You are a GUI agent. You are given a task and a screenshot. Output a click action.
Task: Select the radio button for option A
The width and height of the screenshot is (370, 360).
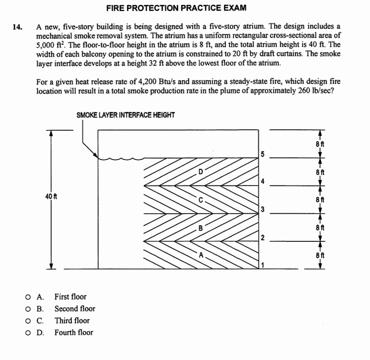coord(27,297)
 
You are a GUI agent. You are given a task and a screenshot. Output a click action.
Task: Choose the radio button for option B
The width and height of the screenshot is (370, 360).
coord(27,309)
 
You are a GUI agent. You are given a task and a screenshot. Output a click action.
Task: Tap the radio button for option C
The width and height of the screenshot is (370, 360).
coord(27,321)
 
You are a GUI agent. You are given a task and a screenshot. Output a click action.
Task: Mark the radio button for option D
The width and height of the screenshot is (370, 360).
coord(27,333)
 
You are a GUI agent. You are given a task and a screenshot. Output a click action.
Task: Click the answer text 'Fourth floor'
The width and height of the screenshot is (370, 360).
coord(74,332)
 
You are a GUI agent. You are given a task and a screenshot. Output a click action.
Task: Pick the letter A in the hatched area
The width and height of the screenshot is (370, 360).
coord(202,255)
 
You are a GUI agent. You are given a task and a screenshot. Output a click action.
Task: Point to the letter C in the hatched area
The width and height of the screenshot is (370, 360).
coord(201,199)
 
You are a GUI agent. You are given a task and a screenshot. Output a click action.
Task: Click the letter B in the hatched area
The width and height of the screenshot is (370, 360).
coord(201,227)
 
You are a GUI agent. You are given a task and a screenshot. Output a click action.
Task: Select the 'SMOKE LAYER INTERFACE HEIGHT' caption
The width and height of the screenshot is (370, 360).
coord(125,115)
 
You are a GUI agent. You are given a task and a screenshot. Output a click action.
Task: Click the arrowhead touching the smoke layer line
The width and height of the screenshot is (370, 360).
coord(96,156)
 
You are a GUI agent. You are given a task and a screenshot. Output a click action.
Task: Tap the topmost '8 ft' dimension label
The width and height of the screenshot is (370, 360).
coord(319,144)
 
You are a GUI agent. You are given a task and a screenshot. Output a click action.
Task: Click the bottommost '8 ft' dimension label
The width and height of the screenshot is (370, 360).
coord(319,255)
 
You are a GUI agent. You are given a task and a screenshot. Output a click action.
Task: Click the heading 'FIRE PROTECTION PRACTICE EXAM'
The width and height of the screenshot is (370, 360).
coord(176,8)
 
